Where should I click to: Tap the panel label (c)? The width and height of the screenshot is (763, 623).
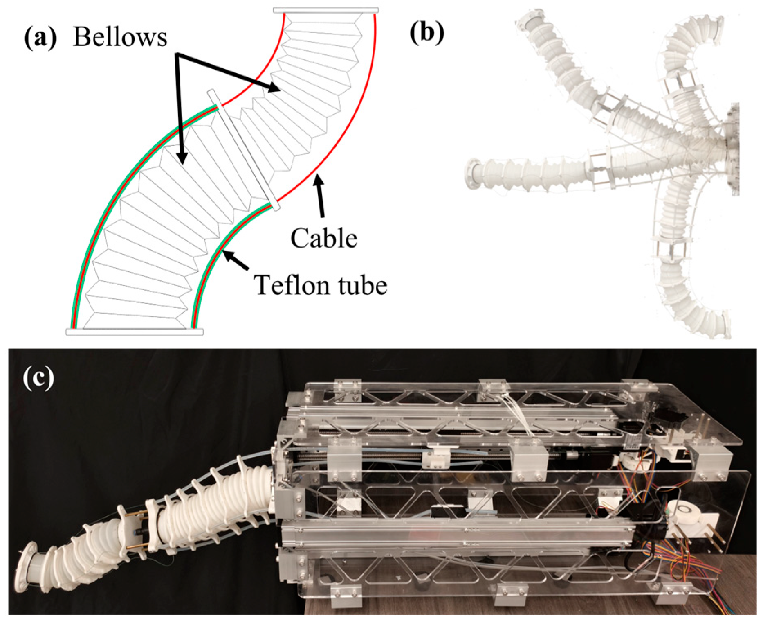(x=38, y=377)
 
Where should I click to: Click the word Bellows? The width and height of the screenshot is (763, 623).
(x=120, y=37)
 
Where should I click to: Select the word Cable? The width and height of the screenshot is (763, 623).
(x=323, y=239)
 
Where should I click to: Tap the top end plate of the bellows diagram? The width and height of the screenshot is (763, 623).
(x=325, y=10)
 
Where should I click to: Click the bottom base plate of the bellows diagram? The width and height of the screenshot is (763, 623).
(x=135, y=332)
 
